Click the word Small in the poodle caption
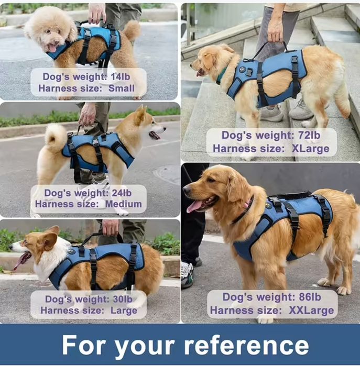pos(122,88)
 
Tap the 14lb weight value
pos(121,76)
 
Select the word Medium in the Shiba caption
pos(123,204)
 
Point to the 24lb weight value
pos(122,193)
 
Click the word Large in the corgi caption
pos(124,310)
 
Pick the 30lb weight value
pos(123,300)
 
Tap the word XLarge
pos(310,149)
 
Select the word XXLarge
pos(311,310)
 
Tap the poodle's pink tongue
pos(52,48)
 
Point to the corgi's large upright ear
pos(50,239)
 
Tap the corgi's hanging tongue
pos(21,260)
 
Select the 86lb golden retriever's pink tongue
pos(194,207)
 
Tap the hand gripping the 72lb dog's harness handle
pos(276,32)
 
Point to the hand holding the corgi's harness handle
pos(110,227)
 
